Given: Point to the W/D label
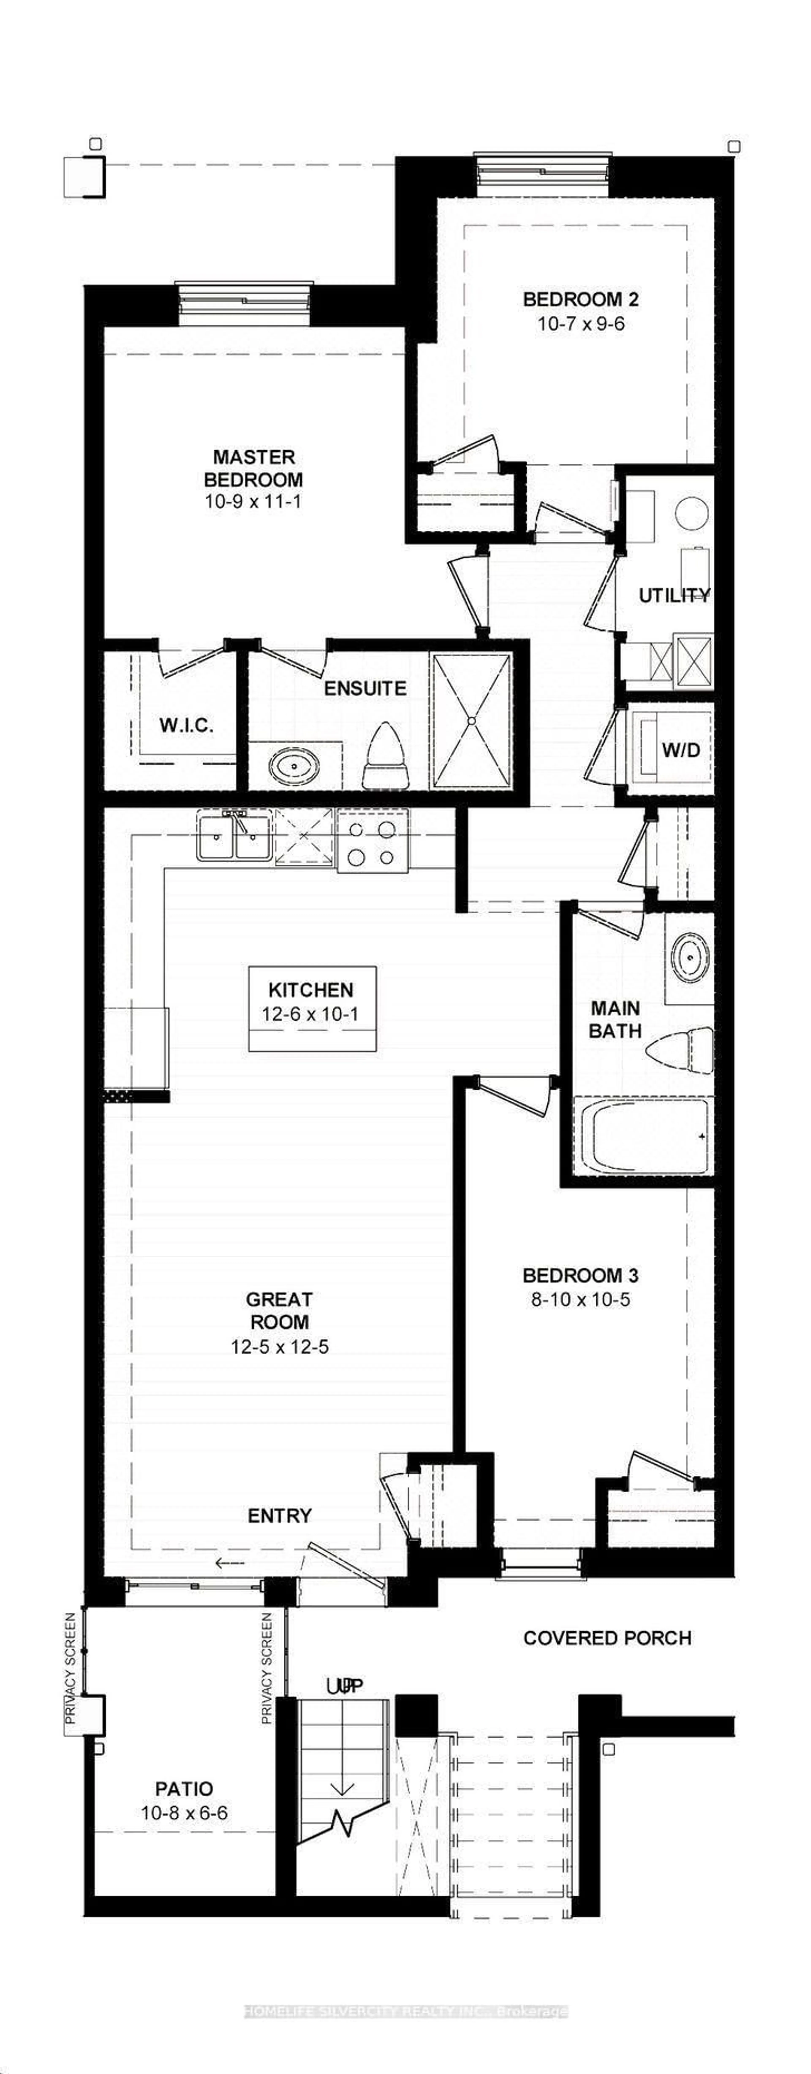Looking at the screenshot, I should pyautogui.click(x=680, y=750).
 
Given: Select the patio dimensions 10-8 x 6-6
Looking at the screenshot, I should pyautogui.click(x=184, y=1814).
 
